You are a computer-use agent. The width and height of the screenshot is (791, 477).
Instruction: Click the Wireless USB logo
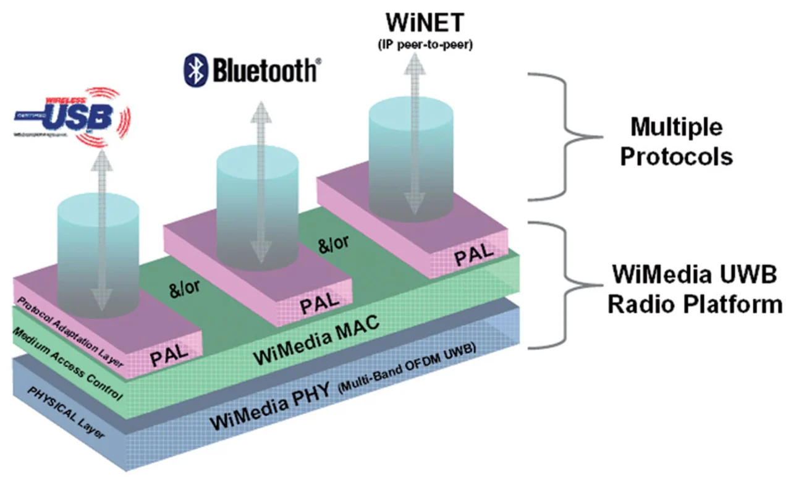(73, 117)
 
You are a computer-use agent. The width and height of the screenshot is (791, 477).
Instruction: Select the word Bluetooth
(264, 70)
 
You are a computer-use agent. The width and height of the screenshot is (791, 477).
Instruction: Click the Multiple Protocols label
(676, 142)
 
